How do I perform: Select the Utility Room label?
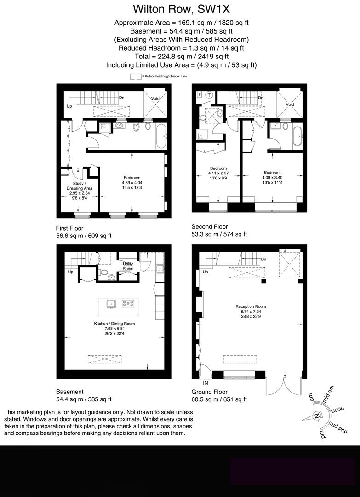coord(128,266)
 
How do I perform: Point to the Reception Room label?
coord(251,306)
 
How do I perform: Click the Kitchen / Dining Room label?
coord(114,324)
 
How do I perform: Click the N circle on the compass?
coord(316,416)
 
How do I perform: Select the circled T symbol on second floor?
coord(209,95)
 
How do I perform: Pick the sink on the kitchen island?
coord(110,304)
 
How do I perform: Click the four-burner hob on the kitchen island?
coord(128,304)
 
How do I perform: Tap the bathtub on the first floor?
coord(161,136)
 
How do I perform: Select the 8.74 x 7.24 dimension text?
coord(251,312)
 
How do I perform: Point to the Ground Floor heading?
coord(210,392)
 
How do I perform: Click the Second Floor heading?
coord(209,226)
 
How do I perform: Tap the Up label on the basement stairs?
coord(70,272)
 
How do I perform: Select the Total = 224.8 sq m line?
coord(180,56)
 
